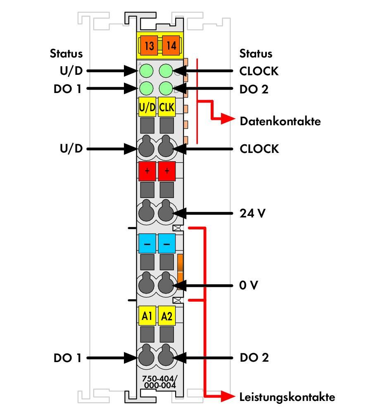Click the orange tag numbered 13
coord(149,45)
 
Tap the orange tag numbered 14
coord(171,45)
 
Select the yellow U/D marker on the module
coord(147,107)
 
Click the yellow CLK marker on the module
coord(166,107)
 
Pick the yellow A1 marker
coord(147,316)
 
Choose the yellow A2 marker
coord(166,316)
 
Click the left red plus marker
coord(147,171)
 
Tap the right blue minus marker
coord(166,243)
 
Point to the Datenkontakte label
coord(280,121)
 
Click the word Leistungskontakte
coord(287,397)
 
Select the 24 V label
coord(252,213)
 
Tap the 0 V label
coord(248,285)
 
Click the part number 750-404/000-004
coord(160,382)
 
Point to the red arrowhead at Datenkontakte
coord(228,119)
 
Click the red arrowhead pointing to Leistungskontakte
coord(228,396)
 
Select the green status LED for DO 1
coord(146,88)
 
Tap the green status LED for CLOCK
coord(166,71)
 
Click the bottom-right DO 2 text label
coord(254,358)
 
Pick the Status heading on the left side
coord(66,53)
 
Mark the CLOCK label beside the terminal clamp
coord(259,149)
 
